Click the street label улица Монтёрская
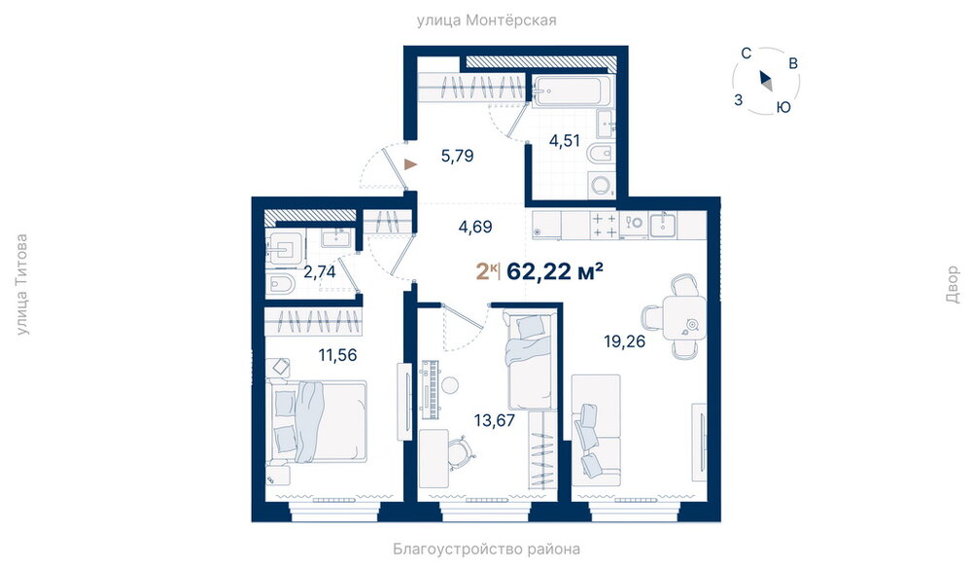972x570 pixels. (486, 20)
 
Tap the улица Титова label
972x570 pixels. (21, 284)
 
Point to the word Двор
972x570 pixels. (953, 284)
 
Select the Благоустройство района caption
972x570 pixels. (486, 549)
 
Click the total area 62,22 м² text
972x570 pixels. (555, 271)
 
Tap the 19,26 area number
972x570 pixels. (624, 341)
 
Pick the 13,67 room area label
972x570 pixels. (494, 420)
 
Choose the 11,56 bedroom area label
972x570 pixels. (337, 355)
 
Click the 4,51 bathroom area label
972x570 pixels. (564, 141)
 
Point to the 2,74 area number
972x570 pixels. (319, 271)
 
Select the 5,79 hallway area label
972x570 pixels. (457, 156)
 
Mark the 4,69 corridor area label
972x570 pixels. (475, 227)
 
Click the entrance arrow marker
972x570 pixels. (410, 164)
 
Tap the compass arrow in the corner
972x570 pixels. (766, 81)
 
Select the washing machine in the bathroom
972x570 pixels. (601, 185)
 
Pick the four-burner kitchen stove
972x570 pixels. (605, 226)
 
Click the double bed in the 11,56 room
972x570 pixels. (317, 422)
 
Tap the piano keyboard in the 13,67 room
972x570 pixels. (430, 389)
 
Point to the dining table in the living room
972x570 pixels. (684, 317)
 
